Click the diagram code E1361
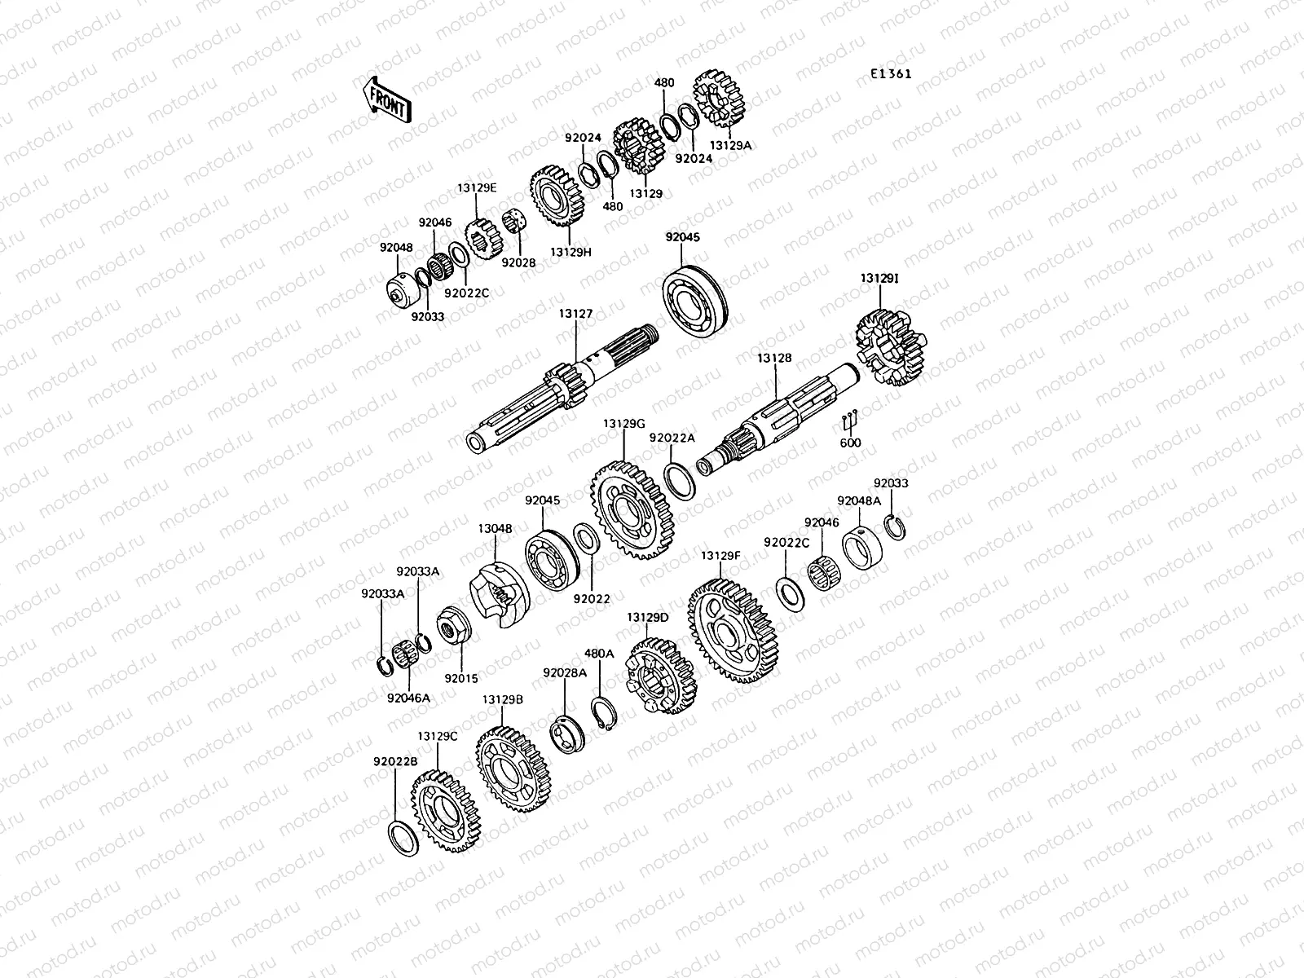click(890, 73)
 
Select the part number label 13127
click(575, 313)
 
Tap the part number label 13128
click(773, 358)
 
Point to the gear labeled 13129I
click(892, 351)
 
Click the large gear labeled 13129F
click(734, 632)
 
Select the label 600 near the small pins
click(850, 443)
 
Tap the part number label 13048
click(495, 528)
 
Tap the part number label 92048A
click(859, 500)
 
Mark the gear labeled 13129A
click(722, 102)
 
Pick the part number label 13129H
click(570, 252)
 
